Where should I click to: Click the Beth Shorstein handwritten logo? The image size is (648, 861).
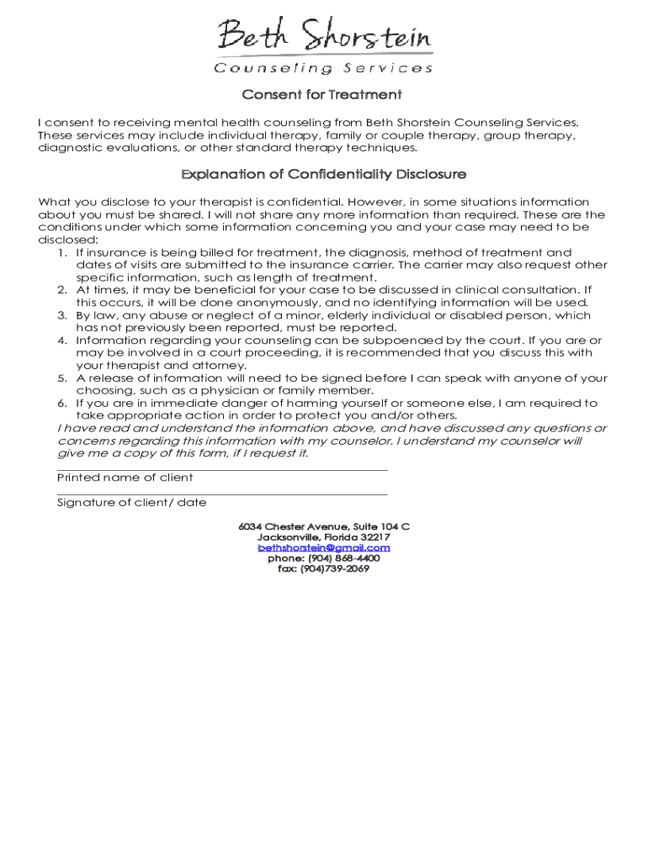(x=324, y=37)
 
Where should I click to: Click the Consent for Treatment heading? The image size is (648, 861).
(x=322, y=94)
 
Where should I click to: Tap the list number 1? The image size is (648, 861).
(x=62, y=252)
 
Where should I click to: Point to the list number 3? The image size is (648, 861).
(x=62, y=315)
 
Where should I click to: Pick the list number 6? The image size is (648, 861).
(x=62, y=404)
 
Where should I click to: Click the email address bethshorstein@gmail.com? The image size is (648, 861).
(x=324, y=547)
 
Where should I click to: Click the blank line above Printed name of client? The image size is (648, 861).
(x=222, y=470)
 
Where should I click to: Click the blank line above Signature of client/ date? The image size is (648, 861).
(x=222, y=495)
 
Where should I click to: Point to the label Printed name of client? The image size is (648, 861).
(x=125, y=478)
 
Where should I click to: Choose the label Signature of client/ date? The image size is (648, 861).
(x=131, y=503)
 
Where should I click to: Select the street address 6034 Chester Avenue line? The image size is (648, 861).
(x=324, y=526)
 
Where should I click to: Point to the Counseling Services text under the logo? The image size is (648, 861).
(x=324, y=68)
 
